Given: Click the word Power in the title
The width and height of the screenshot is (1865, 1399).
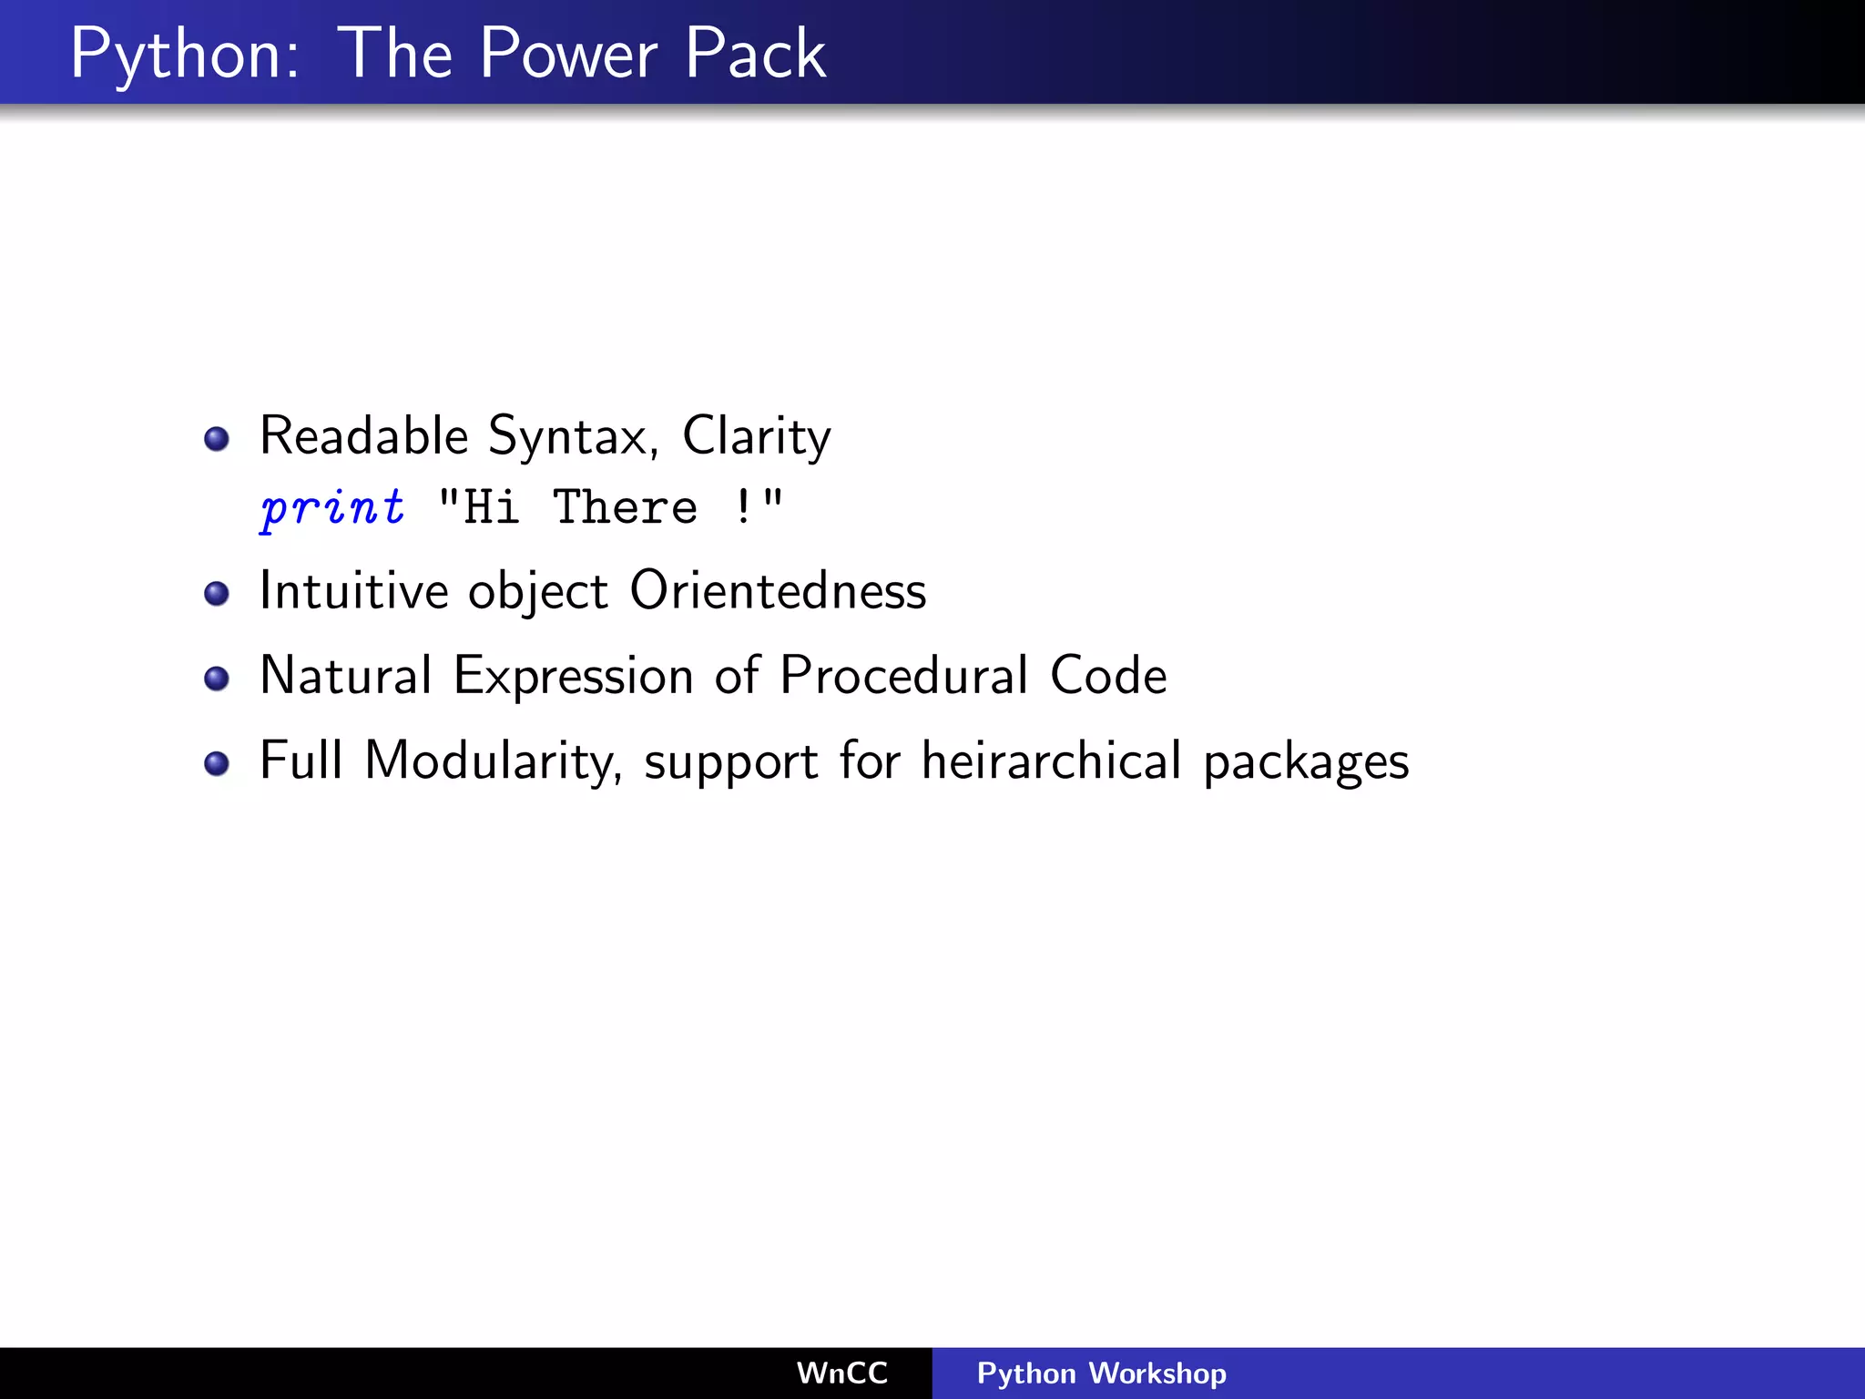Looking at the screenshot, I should pyautogui.click(x=568, y=55).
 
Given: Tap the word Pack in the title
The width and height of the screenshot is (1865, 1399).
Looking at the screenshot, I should pyautogui.click(x=755, y=55).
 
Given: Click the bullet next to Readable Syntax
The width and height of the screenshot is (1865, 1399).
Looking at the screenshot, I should pyautogui.click(x=217, y=439).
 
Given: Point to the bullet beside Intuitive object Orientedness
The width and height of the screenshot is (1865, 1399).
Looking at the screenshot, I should pyautogui.click(x=217, y=594).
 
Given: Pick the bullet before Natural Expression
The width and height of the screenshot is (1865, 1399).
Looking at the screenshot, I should pyautogui.click(x=217, y=679).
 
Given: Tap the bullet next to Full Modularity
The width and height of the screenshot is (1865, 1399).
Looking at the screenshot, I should pyautogui.click(x=217, y=763).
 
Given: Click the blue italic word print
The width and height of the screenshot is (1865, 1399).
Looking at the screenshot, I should pyautogui.click(x=332, y=507).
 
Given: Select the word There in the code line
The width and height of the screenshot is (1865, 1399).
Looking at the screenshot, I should pyautogui.click(x=626, y=506).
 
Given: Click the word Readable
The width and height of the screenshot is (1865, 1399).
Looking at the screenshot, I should pyautogui.click(x=363, y=435).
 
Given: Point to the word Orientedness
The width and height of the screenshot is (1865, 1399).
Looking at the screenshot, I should pyautogui.click(x=778, y=590).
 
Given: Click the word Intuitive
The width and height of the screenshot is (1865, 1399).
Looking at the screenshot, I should pyautogui.click(x=353, y=590).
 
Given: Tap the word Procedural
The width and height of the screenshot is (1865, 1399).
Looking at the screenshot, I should pyautogui.click(x=903, y=676).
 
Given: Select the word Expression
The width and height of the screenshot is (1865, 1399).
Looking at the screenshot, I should pyautogui.click(x=574, y=677).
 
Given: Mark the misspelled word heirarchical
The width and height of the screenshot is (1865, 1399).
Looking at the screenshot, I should pyautogui.click(x=1051, y=761).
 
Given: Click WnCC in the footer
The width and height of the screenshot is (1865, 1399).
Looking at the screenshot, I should pyautogui.click(x=841, y=1373).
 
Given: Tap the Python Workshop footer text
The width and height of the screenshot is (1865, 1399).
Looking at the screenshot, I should pyautogui.click(x=1101, y=1373).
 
